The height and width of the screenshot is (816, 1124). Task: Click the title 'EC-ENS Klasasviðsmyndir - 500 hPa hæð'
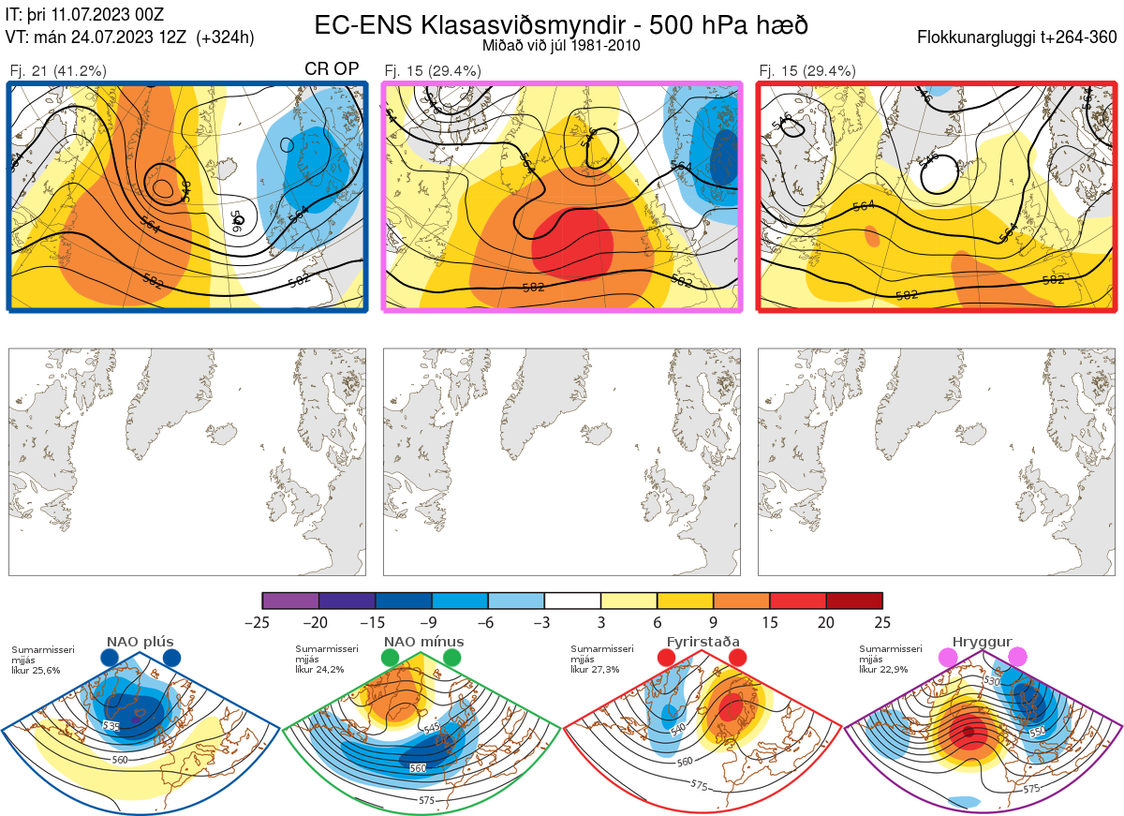561,24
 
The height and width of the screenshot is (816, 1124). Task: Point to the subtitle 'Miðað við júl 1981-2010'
561,45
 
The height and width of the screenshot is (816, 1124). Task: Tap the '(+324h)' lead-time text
225,37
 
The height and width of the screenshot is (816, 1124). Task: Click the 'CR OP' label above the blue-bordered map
333,70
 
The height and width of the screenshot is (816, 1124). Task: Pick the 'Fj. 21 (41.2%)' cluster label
58,71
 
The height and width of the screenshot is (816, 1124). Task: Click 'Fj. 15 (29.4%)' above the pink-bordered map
433,71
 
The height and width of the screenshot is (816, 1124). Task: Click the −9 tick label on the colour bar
432,622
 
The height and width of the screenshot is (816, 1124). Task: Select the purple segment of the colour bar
290,601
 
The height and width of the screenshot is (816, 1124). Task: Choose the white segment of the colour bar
572,601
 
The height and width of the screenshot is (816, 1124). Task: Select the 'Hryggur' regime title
983,642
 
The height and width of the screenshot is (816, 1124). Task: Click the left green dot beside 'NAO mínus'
390,659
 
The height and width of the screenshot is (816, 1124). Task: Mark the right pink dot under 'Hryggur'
1017,659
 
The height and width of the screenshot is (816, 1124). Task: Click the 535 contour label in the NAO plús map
112,726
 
